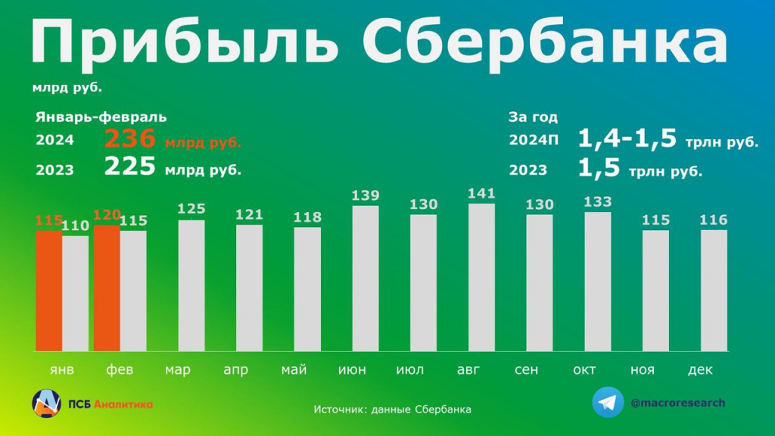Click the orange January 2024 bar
(48, 291)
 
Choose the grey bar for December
(714, 291)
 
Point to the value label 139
(366, 195)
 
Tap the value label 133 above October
(598, 201)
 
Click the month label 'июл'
(410, 370)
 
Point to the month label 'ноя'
(643, 370)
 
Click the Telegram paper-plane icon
(608, 403)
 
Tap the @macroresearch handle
(677, 403)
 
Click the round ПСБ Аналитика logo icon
(46, 403)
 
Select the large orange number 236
(130, 139)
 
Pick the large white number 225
(130, 167)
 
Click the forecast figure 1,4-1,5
(627, 139)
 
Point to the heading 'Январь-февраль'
(101, 117)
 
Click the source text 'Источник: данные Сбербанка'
(392, 410)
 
